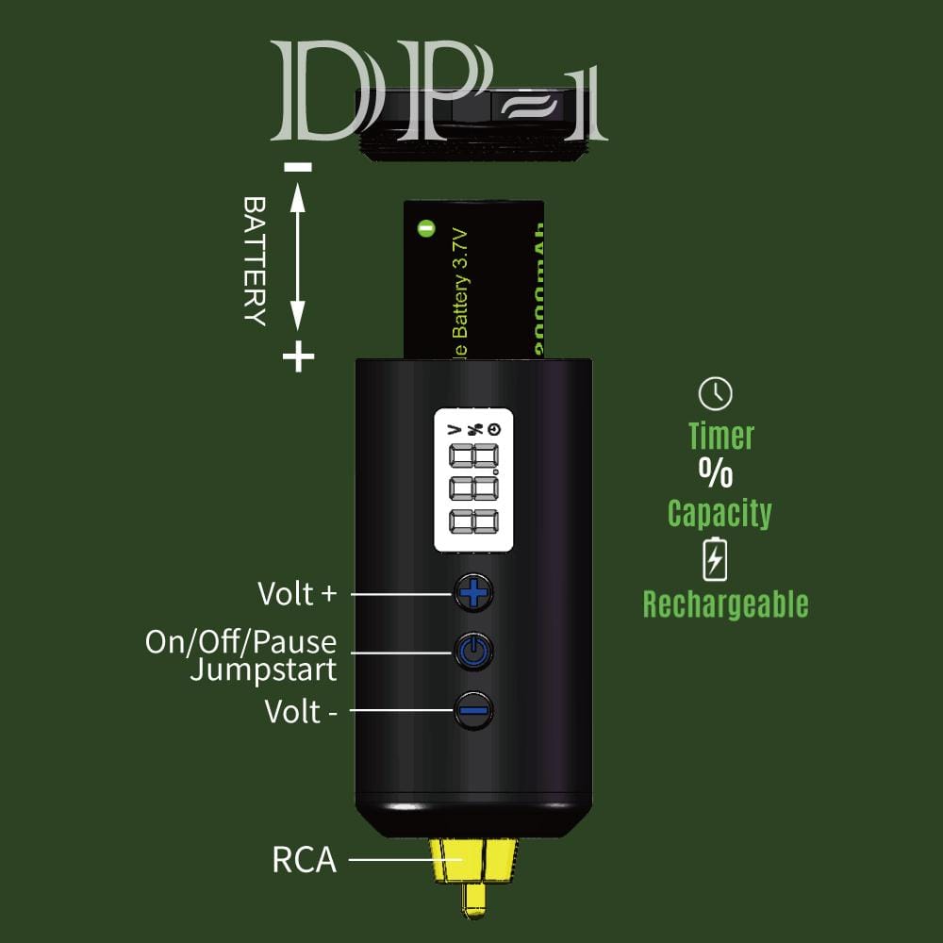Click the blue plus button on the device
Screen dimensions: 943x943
473,593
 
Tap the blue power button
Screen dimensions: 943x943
473,651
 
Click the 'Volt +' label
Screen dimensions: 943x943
297,594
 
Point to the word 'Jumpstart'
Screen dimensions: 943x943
263,670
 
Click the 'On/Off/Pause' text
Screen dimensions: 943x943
240,642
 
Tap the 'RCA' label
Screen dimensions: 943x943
304,860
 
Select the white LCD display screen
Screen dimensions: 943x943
473,480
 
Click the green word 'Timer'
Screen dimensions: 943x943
721,436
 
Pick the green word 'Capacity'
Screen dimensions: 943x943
720,514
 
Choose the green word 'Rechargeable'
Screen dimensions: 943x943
725,604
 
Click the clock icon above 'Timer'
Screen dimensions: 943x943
716,393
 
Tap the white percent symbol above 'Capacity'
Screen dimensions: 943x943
716,472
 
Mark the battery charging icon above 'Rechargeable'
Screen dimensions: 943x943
716,559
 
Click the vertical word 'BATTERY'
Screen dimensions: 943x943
254,260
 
